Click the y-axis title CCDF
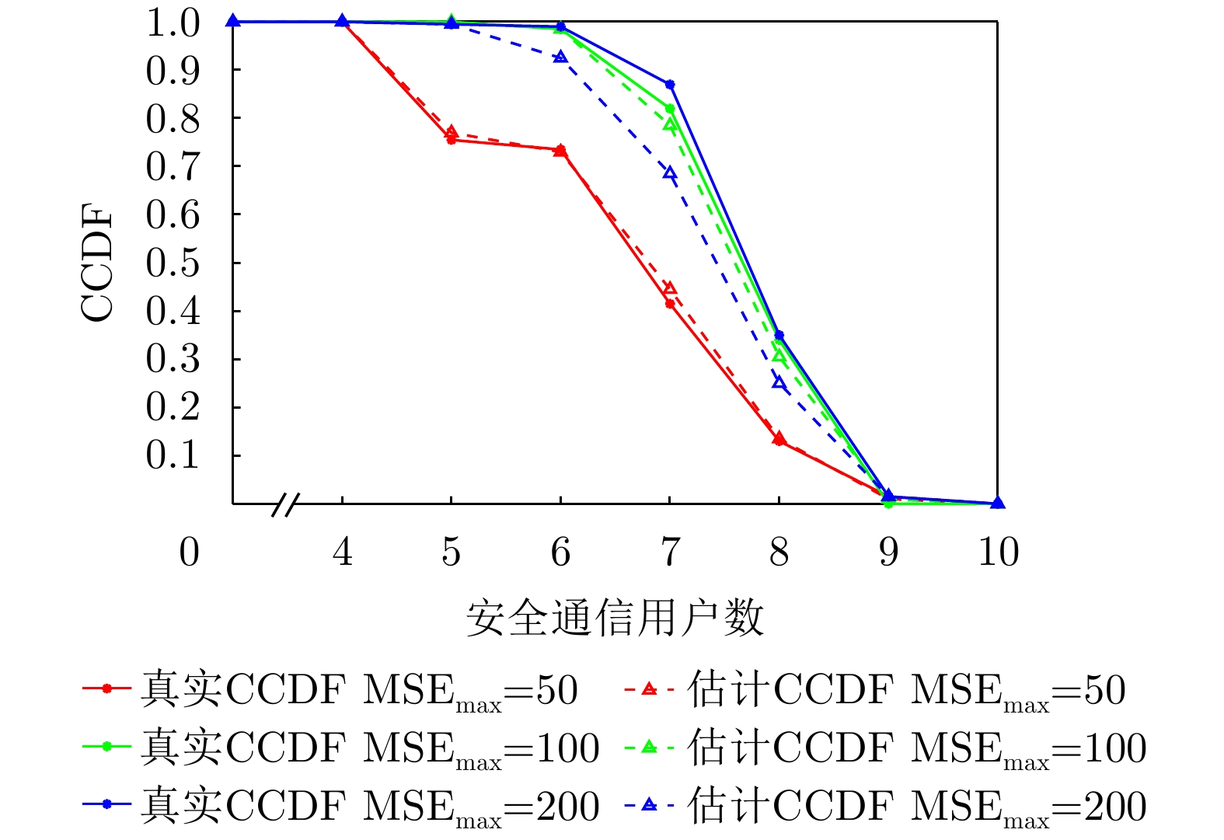pyautogui.click(x=97, y=263)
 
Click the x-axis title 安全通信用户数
pyautogui.click(x=615, y=619)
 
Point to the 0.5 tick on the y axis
pyautogui.click(x=173, y=263)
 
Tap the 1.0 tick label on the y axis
pyautogui.click(x=173, y=23)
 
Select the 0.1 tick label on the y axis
pyautogui.click(x=173, y=455)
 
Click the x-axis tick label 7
pyautogui.click(x=670, y=552)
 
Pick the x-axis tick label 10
pyautogui.click(x=998, y=552)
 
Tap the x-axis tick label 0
pyautogui.click(x=189, y=552)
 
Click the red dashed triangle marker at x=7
pyautogui.click(x=670, y=289)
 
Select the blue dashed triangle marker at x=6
pyautogui.click(x=560, y=57)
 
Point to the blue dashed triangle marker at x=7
pyautogui.click(x=670, y=173)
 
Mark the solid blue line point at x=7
pyautogui.click(x=670, y=84)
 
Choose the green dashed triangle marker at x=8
pyautogui.click(x=779, y=354)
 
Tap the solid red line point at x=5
pyautogui.click(x=452, y=140)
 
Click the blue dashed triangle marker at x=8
pyautogui.click(x=779, y=382)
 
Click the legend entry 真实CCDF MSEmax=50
pyautogui.click(x=330, y=689)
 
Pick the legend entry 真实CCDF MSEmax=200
pyautogui.click(x=341, y=806)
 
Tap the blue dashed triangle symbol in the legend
pyautogui.click(x=650, y=806)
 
